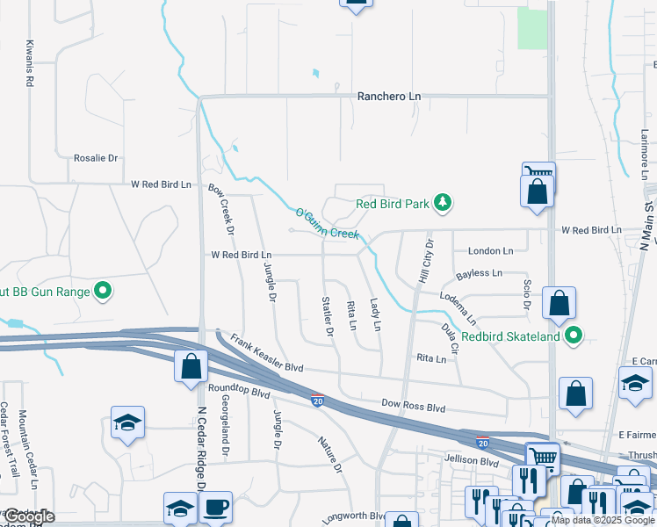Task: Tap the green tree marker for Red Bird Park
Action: click(444, 204)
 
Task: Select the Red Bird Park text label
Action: click(392, 204)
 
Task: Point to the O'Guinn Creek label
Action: click(327, 224)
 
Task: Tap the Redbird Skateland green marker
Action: click(574, 335)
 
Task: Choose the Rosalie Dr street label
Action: click(96, 158)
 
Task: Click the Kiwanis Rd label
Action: click(30, 62)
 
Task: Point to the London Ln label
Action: click(490, 250)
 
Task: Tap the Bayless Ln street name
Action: click(479, 274)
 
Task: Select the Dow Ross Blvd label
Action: click(415, 408)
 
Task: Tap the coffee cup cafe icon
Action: click(215, 508)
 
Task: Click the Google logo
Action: click(29, 516)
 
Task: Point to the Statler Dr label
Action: click(328, 317)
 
